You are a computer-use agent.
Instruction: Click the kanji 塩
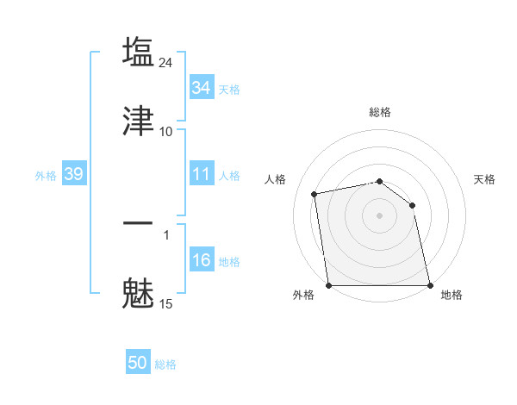tap(139, 52)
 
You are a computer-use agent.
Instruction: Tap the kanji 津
tap(139, 121)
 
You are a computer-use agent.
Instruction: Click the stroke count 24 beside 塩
tap(167, 62)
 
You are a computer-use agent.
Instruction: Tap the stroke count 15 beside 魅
tap(166, 303)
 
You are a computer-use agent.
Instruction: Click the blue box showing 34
tap(202, 87)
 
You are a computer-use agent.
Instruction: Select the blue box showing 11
tap(202, 174)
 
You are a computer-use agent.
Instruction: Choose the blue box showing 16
tap(202, 260)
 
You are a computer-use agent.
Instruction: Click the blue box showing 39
tap(73, 174)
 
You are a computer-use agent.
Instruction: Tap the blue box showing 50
tap(138, 363)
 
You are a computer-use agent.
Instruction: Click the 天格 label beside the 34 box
tap(229, 89)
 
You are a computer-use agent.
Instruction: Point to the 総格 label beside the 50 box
tap(165, 364)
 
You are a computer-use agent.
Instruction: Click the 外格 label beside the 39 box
tap(46, 176)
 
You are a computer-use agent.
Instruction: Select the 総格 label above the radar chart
tap(380, 112)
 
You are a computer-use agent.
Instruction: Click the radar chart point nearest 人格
tap(315, 194)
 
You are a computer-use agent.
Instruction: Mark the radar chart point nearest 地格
tap(430, 285)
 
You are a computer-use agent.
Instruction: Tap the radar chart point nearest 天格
tap(412, 205)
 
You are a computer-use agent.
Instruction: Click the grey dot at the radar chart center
tap(380, 215)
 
